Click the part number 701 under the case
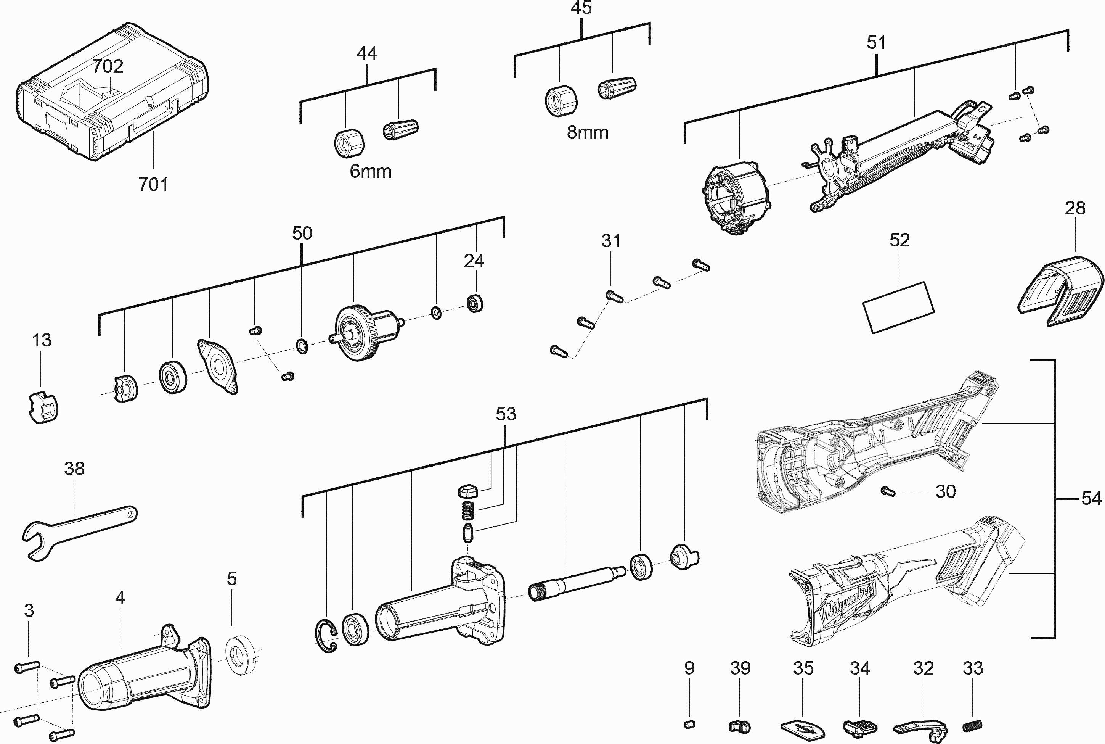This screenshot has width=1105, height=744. [x=153, y=185]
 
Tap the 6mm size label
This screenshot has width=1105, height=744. [x=370, y=171]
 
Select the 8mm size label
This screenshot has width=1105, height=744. [x=587, y=132]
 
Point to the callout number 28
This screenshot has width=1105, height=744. [x=1074, y=208]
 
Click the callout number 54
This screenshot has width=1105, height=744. [x=1091, y=498]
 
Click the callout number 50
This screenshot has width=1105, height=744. [x=302, y=233]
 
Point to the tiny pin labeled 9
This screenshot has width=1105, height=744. [x=690, y=724]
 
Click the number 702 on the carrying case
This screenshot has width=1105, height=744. [x=108, y=66]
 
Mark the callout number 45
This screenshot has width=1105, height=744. [x=581, y=8]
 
